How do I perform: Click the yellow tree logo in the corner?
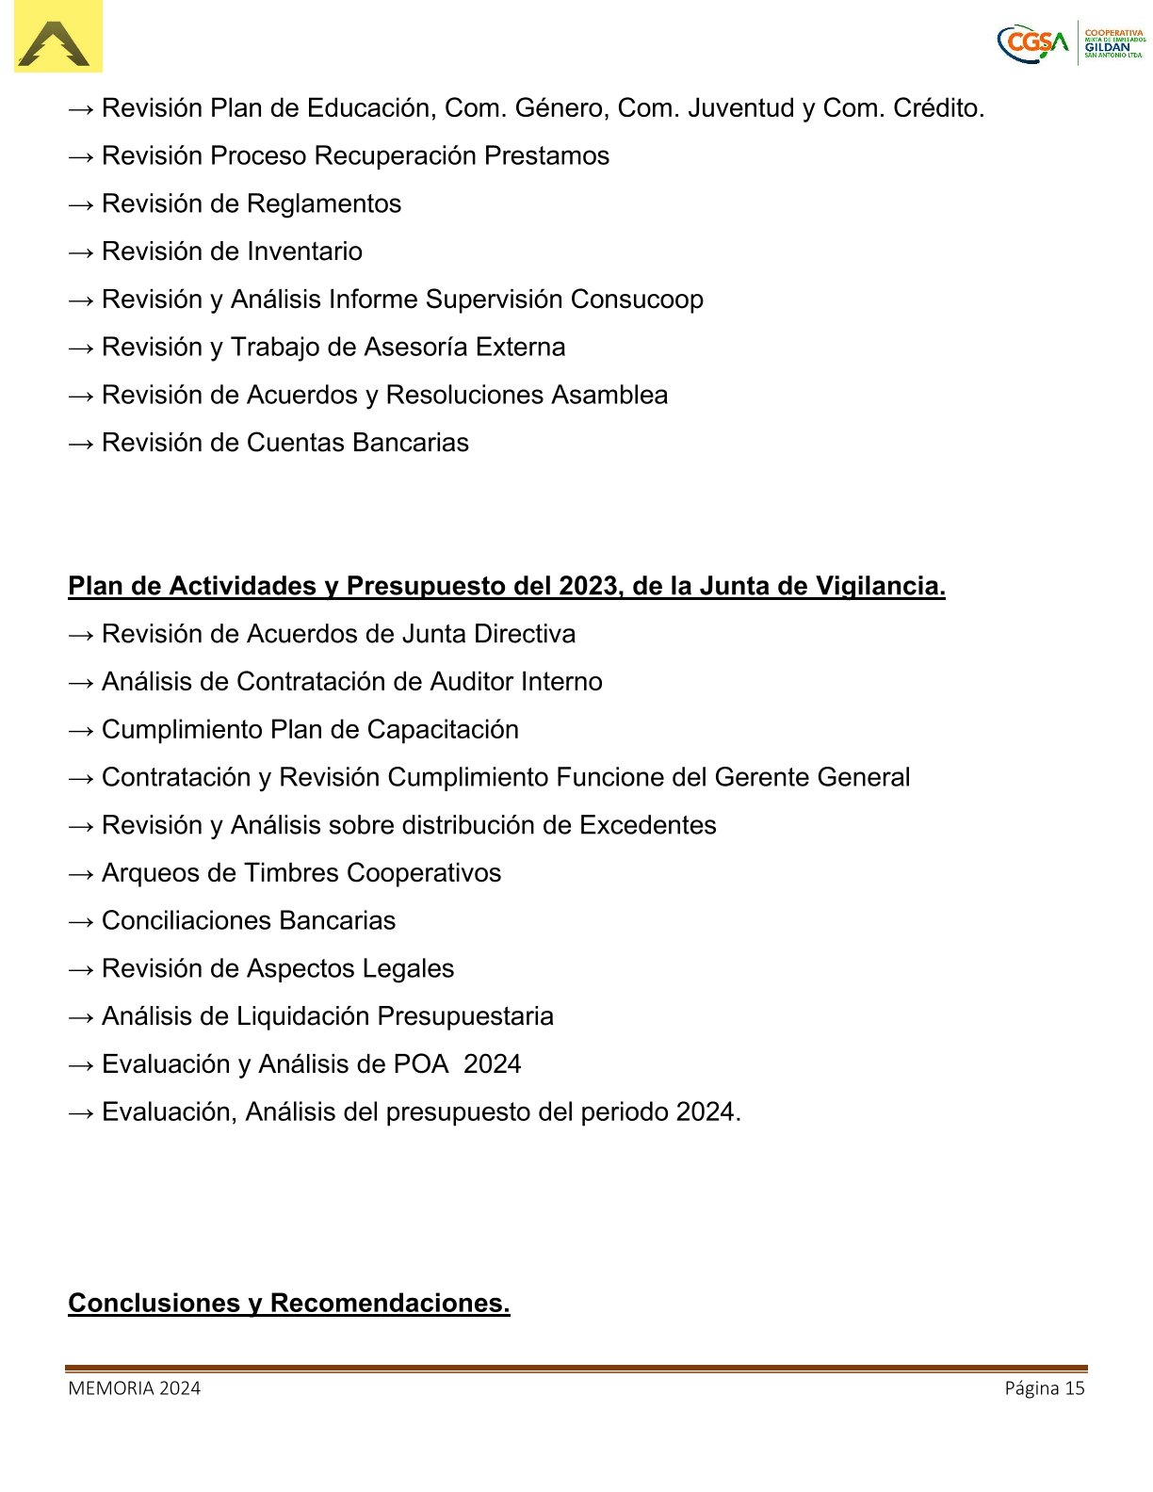(57, 38)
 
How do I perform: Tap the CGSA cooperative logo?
(1071, 43)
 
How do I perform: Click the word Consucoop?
(636, 300)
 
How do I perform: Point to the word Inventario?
(304, 251)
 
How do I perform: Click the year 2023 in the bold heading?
(588, 587)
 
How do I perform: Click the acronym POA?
(421, 1064)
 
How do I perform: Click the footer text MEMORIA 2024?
(134, 1388)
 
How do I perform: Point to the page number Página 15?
(1044, 1388)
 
